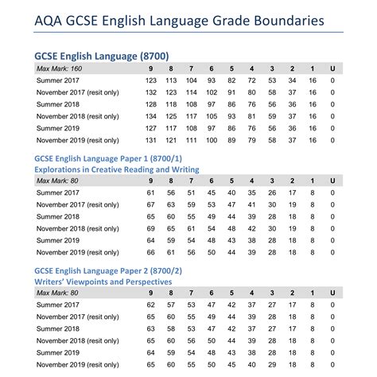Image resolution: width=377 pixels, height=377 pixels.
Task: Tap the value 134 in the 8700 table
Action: coord(151,115)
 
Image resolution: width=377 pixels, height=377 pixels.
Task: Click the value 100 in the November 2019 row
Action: coord(211,139)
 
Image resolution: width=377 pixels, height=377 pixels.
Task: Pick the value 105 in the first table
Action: coord(211,115)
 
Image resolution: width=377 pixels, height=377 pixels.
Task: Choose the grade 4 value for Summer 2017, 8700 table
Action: coord(251,80)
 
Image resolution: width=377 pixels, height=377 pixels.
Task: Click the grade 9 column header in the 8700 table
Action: coord(151,69)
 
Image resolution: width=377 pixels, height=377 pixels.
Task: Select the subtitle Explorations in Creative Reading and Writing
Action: coord(117,169)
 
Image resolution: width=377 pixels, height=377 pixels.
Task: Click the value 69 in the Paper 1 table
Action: coord(151,228)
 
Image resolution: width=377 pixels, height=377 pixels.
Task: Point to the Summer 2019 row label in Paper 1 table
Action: coord(63,239)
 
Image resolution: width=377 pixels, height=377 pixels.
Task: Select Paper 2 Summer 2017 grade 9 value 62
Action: coord(151,305)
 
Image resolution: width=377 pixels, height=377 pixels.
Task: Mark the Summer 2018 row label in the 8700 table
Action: coord(63,104)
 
